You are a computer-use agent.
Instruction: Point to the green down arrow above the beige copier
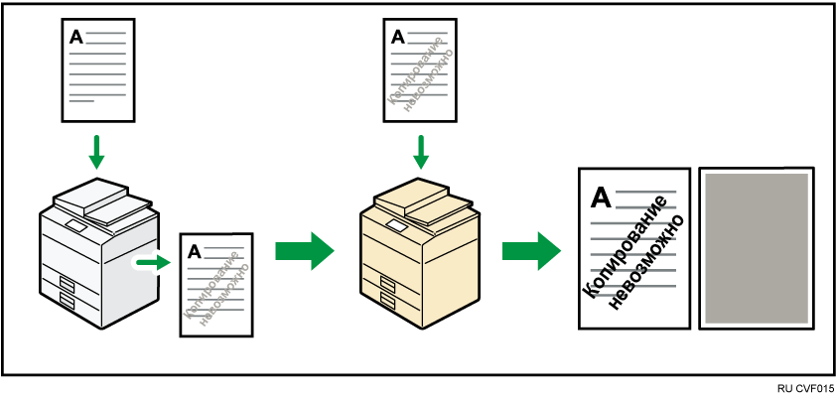coord(421,152)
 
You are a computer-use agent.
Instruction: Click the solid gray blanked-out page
coord(757,246)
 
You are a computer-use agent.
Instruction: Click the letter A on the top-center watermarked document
coord(398,37)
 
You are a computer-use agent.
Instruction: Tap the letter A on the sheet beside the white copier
coord(194,250)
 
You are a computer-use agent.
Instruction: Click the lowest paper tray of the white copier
coord(68,297)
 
